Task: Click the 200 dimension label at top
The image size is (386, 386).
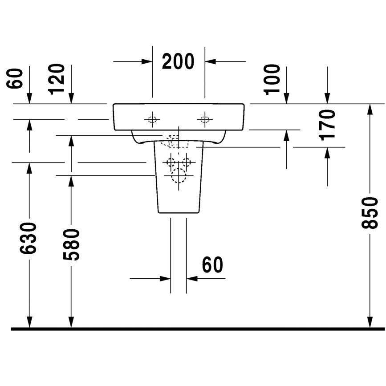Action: pyautogui.click(x=178, y=61)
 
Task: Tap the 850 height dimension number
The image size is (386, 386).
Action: pyautogui.click(x=370, y=213)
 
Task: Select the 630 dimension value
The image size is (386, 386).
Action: pyautogui.click(x=28, y=238)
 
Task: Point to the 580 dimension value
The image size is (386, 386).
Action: pyautogui.click(x=71, y=244)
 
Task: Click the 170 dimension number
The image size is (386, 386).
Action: pyautogui.click(x=327, y=125)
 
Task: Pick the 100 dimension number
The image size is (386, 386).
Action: pyautogui.click(x=272, y=80)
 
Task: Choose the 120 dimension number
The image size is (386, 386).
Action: pyautogui.click(x=57, y=79)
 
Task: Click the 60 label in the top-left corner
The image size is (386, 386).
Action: pyautogui.click(x=14, y=78)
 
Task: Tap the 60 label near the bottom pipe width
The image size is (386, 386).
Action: pyautogui.click(x=212, y=264)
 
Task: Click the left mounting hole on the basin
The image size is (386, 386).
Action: pyautogui.click(x=152, y=120)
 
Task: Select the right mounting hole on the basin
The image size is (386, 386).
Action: pyautogui.click(x=205, y=120)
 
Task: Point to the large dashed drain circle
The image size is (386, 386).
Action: pyautogui.click(x=179, y=176)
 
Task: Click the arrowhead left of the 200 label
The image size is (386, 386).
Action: pyautogui.click(x=146, y=61)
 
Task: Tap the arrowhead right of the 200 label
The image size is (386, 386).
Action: pyautogui.click(x=211, y=61)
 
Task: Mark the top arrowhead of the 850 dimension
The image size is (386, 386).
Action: pyautogui.click(x=370, y=110)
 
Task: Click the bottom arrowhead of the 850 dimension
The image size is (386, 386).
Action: pyautogui.click(x=370, y=322)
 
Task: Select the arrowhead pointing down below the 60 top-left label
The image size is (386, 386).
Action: pyautogui.click(x=29, y=98)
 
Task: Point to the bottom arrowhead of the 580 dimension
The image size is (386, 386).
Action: pyautogui.click(x=71, y=322)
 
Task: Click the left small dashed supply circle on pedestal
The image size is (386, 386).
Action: pyautogui.click(x=171, y=163)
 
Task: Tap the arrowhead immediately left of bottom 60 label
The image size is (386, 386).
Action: pyautogui.click(x=165, y=279)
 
